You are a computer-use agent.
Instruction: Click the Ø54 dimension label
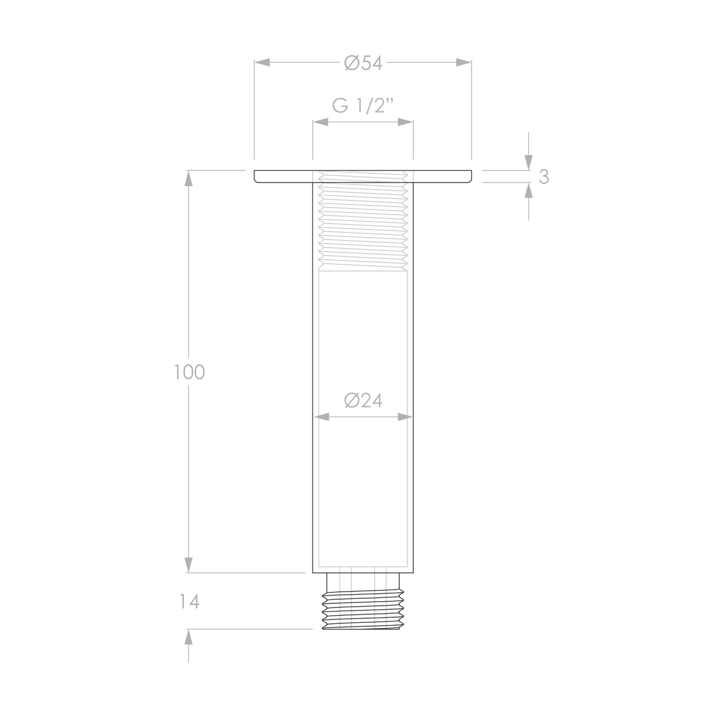(x=363, y=63)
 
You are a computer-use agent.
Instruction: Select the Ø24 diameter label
(x=363, y=401)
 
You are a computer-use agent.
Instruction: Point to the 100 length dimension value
(x=189, y=372)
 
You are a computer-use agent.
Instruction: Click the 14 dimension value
(x=189, y=602)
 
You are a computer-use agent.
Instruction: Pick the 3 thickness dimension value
(x=544, y=177)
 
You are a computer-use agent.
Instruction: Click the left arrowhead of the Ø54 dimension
(x=262, y=62)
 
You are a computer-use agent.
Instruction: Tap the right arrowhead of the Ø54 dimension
(x=464, y=62)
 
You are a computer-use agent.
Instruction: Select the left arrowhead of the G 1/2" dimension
(x=321, y=122)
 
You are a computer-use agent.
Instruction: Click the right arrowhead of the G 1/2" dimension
(x=405, y=122)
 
